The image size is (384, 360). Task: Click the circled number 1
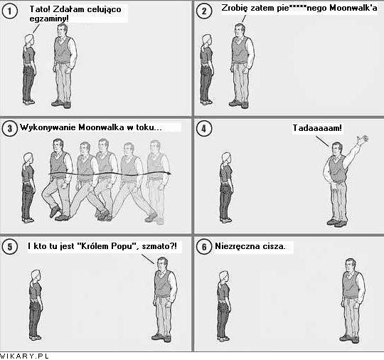9,11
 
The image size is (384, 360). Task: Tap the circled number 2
204,11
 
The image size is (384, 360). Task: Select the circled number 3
9,128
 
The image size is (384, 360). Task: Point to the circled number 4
204,128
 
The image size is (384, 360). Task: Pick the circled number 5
9,247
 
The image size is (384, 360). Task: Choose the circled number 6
204,247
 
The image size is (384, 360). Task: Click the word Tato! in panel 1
40,9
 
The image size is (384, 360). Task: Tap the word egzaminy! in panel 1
49,19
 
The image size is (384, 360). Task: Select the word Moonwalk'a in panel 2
353,8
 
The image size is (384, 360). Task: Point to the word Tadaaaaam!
317,128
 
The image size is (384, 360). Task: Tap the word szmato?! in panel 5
159,245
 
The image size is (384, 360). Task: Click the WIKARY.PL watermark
24,356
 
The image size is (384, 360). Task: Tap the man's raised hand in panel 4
363,139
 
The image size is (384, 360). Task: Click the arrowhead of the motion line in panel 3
169,174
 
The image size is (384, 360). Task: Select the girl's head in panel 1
29,40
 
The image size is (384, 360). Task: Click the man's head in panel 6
351,265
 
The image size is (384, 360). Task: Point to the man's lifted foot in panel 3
55,211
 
